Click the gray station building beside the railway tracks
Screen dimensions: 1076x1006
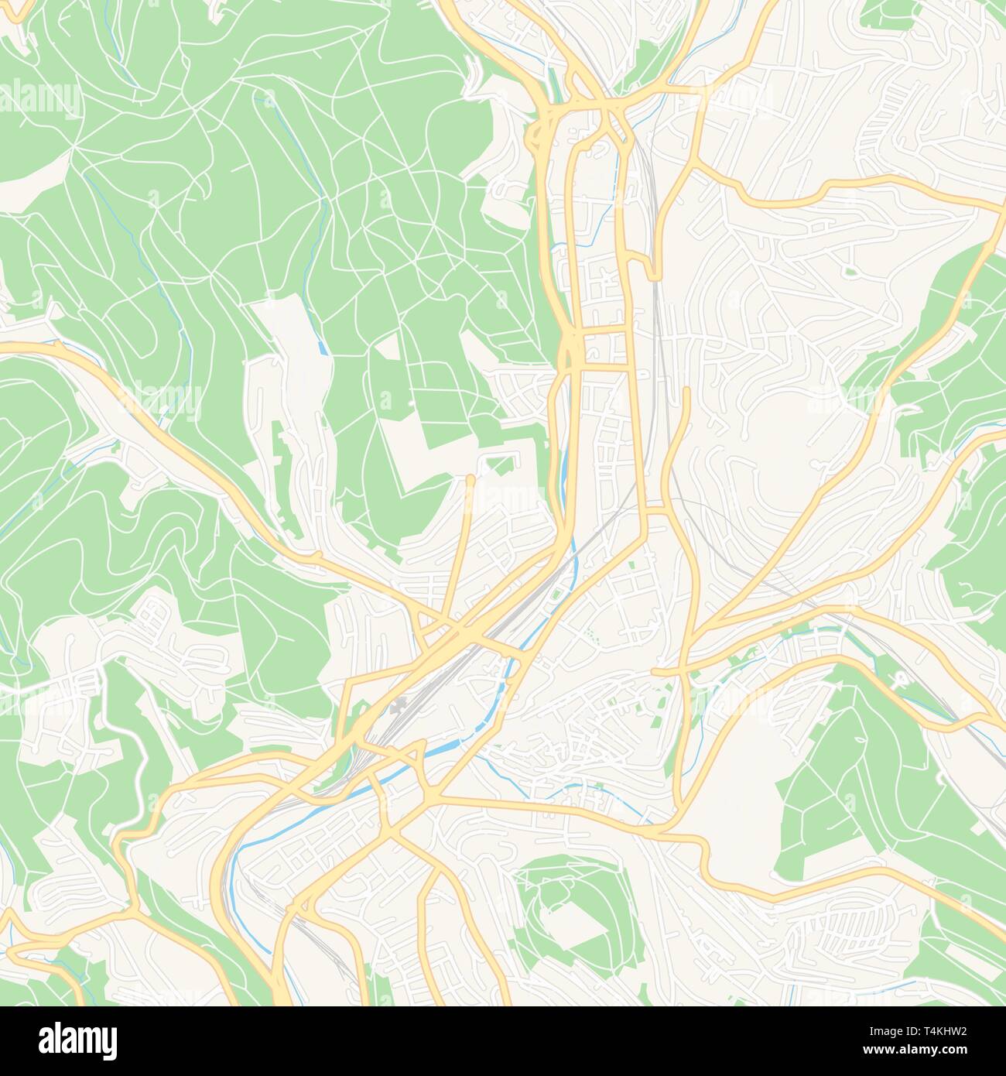400,705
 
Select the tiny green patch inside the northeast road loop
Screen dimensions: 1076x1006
851,271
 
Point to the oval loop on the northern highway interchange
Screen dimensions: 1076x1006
536,139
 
